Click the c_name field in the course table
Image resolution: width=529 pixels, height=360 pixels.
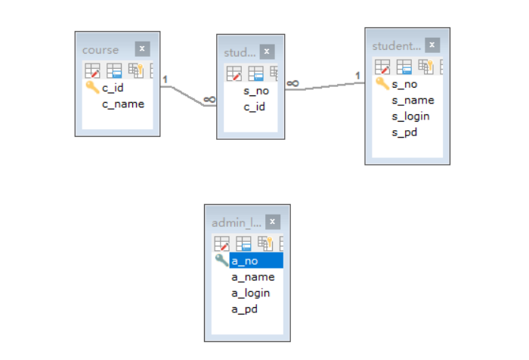pyautogui.click(x=122, y=104)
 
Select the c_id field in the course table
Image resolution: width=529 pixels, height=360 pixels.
pyautogui.click(x=113, y=88)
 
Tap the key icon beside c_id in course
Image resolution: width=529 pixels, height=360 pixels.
pyautogui.click(x=92, y=88)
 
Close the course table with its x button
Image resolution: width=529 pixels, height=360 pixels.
pyautogui.click(x=142, y=49)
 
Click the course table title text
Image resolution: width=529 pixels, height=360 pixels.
pyautogui.click(x=101, y=50)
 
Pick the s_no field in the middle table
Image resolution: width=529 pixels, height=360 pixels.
pyautogui.click(x=256, y=91)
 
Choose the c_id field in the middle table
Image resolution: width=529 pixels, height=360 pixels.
pyautogui.click(x=254, y=107)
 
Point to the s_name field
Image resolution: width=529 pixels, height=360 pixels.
pyautogui.click(x=413, y=100)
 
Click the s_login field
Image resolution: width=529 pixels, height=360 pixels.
pyautogui.click(x=410, y=116)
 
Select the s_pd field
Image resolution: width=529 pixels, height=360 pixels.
pyautogui.click(x=404, y=132)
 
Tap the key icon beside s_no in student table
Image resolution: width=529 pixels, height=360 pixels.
pyautogui.click(x=382, y=83)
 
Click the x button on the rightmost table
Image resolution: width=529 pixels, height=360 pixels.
pyautogui.click(x=432, y=45)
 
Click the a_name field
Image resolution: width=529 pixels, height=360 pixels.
pyautogui.click(x=252, y=277)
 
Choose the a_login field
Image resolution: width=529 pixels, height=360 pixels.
pyautogui.click(x=250, y=293)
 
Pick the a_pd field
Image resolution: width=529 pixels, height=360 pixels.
pyautogui.click(x=244, y=309)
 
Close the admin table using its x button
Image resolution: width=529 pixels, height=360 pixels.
pyautogui.click(x=272, y=222)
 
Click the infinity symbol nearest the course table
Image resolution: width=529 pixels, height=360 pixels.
pyautogui.click(x=209, y=99)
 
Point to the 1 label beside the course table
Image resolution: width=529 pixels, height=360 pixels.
pyautogui.click(x=165, y=79)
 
